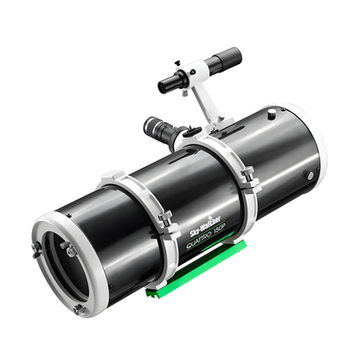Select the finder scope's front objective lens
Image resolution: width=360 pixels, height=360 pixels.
tap(164, 86)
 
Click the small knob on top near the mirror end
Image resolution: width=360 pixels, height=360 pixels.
tap(270, 113)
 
